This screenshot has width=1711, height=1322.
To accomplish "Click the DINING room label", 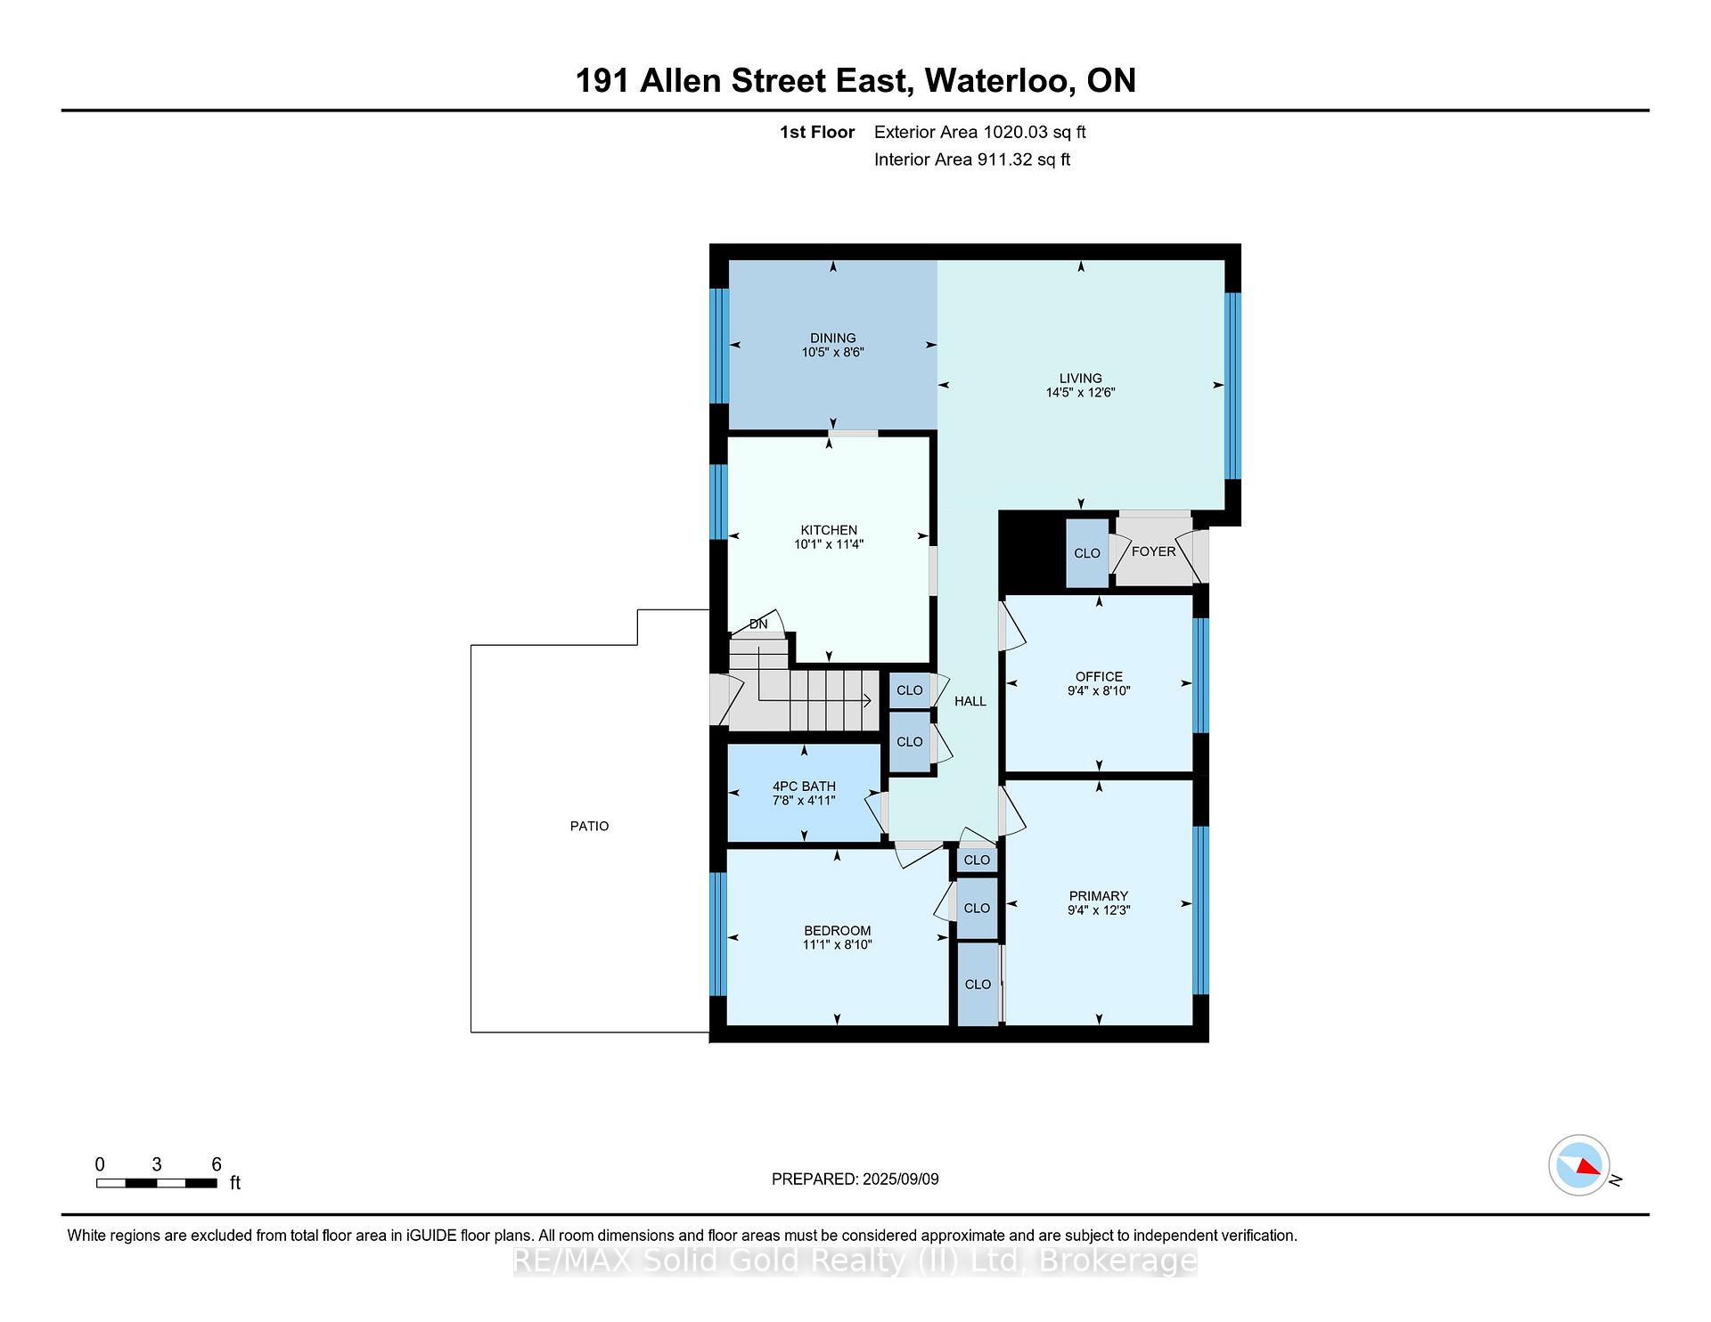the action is tap(832, 338).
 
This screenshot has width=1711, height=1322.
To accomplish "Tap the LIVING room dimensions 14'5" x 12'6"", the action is tap(1080, 392).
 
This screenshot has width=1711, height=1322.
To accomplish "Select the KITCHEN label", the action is tap(829, 530).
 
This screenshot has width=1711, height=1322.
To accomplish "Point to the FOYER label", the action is tap(1153, 551).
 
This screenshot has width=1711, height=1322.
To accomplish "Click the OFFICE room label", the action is tap(1099, 676).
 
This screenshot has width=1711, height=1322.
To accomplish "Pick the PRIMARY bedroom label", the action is tap(1099, 896).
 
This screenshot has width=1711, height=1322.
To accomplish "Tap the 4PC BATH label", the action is tap(804, 786).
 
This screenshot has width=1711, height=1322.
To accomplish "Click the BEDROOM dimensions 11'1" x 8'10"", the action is tap(837, 944).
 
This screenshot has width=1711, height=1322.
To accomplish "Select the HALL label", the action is tap(970, 701).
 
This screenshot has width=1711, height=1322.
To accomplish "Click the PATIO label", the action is tap(589, 826).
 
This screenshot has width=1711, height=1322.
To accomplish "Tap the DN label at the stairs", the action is tap(758, 624).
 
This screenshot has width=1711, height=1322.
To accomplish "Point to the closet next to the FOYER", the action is tap(1087, 553).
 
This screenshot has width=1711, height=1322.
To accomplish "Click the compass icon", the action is tap(1579, 1165).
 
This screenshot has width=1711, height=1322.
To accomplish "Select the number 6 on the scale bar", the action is tap(217, 1164).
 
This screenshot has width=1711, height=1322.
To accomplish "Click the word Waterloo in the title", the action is tap(996, 81).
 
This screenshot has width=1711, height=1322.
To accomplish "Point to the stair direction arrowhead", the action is tap(866, 701).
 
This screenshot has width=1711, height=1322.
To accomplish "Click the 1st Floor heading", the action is tap(817, 132).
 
